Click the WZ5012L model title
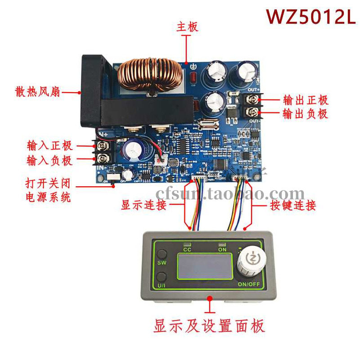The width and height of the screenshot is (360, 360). (x=310, y=17)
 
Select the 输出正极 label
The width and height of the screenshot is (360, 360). (x=306, y=99)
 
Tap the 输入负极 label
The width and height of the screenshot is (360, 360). (x=49, y=160)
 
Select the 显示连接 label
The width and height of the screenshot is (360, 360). (x=144, y=205)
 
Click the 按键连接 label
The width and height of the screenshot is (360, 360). (x=293, y=205)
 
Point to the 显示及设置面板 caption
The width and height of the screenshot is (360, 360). (x=209, y=325)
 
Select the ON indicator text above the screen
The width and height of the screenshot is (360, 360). (x=222, y=248)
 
